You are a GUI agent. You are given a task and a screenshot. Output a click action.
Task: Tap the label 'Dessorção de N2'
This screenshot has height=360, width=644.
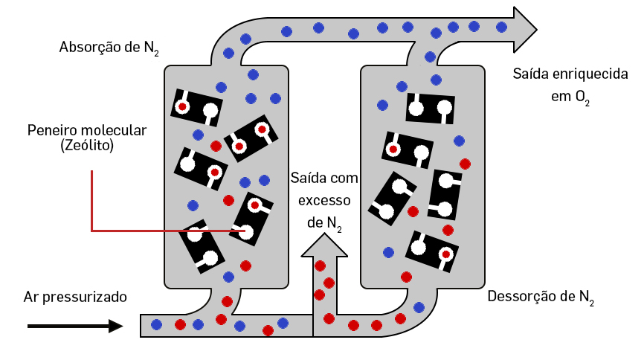540,297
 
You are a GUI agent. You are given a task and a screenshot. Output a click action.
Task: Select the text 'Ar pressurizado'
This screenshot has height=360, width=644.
75,297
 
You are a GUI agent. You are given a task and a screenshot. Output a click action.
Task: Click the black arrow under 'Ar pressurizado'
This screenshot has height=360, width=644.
74,326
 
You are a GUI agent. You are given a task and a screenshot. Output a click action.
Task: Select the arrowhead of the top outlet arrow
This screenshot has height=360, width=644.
524,28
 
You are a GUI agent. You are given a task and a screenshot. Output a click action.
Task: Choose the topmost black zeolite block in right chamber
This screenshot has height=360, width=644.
429,108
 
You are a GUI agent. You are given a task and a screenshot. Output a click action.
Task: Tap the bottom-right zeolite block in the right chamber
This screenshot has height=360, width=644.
431,250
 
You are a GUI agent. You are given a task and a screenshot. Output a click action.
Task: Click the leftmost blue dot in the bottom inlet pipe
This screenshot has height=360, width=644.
157,324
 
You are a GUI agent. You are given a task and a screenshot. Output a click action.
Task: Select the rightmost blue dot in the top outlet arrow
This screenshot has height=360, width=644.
501,27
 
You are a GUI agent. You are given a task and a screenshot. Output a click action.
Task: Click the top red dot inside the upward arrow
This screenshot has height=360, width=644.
321,266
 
